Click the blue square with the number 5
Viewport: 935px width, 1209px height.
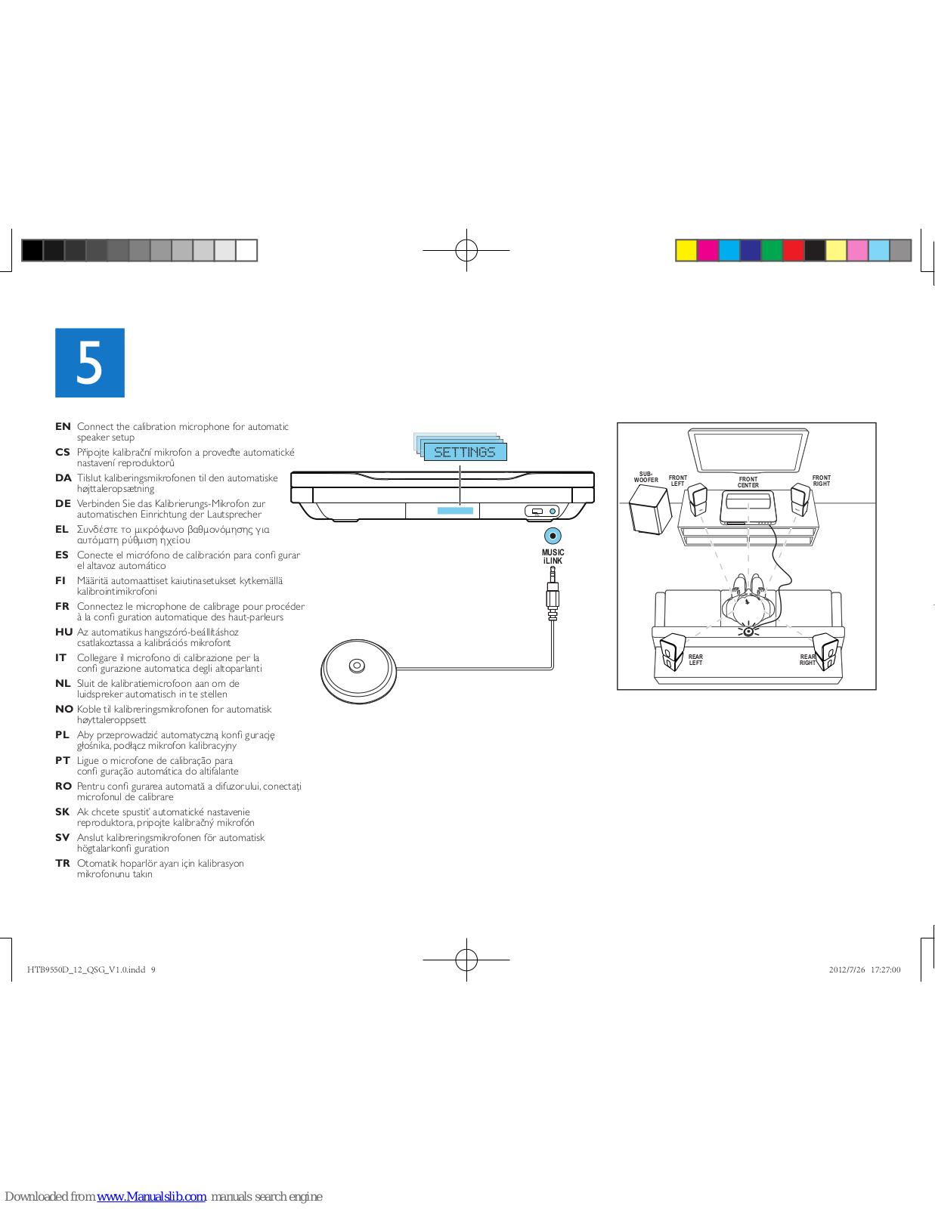[x=89, y=363]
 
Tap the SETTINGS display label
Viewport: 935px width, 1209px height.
[x=464, y=452]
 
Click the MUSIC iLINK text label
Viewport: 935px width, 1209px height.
[x=553, y=557]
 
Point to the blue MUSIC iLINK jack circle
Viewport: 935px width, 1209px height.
[x=553, y=536]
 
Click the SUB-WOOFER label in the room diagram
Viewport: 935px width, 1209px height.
[x=646, y=477]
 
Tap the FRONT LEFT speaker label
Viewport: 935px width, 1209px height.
[x=678, y=481]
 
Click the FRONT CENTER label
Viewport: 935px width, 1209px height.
[x=748, y=482]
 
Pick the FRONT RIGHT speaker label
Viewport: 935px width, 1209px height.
[x=822, y=481]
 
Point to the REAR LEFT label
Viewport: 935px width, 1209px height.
[x=695, y=660]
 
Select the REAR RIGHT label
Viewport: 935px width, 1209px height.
[x=807, y=660]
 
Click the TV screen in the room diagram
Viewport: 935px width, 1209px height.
[x=748, y=450]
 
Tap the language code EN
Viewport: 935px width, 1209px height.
[x=63, y=427]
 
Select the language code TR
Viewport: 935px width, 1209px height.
[x=63, y=864]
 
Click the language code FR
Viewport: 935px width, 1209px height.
[x=62, y=607]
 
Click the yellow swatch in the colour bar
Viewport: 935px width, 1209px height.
[x=686, y=250]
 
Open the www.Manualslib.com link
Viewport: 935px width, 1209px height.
[x=152, y=1196]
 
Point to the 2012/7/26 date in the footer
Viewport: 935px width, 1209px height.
[x=847, y=970]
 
